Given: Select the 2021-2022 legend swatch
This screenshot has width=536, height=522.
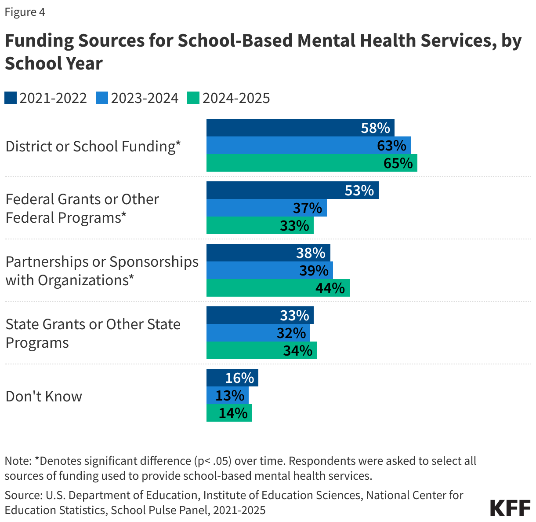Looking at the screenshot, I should point(11,98).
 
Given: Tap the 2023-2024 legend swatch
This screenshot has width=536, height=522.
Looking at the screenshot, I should point(102,98).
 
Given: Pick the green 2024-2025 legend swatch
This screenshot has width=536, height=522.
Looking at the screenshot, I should point(193,98).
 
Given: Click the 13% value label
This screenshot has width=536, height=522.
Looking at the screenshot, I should point(230,396).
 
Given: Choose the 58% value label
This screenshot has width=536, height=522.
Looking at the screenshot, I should point(375,128).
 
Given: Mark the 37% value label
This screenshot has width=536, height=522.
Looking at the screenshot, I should point(308,208).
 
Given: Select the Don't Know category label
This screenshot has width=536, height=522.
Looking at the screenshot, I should point(44,396).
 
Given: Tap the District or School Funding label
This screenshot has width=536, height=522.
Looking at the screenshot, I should point(93,146).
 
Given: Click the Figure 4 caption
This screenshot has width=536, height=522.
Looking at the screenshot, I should point(25,12).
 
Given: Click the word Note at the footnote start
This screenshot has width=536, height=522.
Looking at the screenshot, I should point(17,461).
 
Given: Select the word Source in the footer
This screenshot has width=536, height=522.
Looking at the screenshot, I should point(22,495).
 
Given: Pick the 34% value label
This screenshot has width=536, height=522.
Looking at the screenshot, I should point(297,351).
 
